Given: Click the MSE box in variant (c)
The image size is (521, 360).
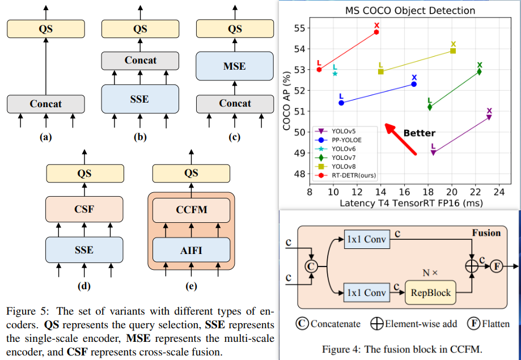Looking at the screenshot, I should click(x=234, y=66).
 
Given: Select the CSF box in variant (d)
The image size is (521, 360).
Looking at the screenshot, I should click(x=84, y=209).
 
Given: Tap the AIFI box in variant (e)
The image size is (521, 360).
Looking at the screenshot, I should click(x=191, y=249).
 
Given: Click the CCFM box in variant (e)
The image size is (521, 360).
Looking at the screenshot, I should click(x=191, y=209).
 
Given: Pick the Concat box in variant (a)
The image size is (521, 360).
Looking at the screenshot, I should click(x=46, y=104).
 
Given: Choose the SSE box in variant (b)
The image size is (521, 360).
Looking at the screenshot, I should click(x=140, y=99).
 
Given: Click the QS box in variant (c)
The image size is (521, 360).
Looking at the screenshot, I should click(x=234, y=29).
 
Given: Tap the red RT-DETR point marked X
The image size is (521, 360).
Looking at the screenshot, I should click(x=376, y=32).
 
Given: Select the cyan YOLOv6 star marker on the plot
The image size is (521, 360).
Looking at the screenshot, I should click(x=335, y=73).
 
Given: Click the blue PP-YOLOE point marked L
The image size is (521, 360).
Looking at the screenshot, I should click(x=341, y=103).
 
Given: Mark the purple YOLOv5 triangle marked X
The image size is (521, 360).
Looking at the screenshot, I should click(x=489, y=117).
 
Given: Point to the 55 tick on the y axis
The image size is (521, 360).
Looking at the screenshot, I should click(x=300, y=28).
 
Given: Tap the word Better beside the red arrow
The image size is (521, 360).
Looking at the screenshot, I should click(x=419, y=133).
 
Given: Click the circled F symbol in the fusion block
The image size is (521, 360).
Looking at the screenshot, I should click(x=496, y=265).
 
